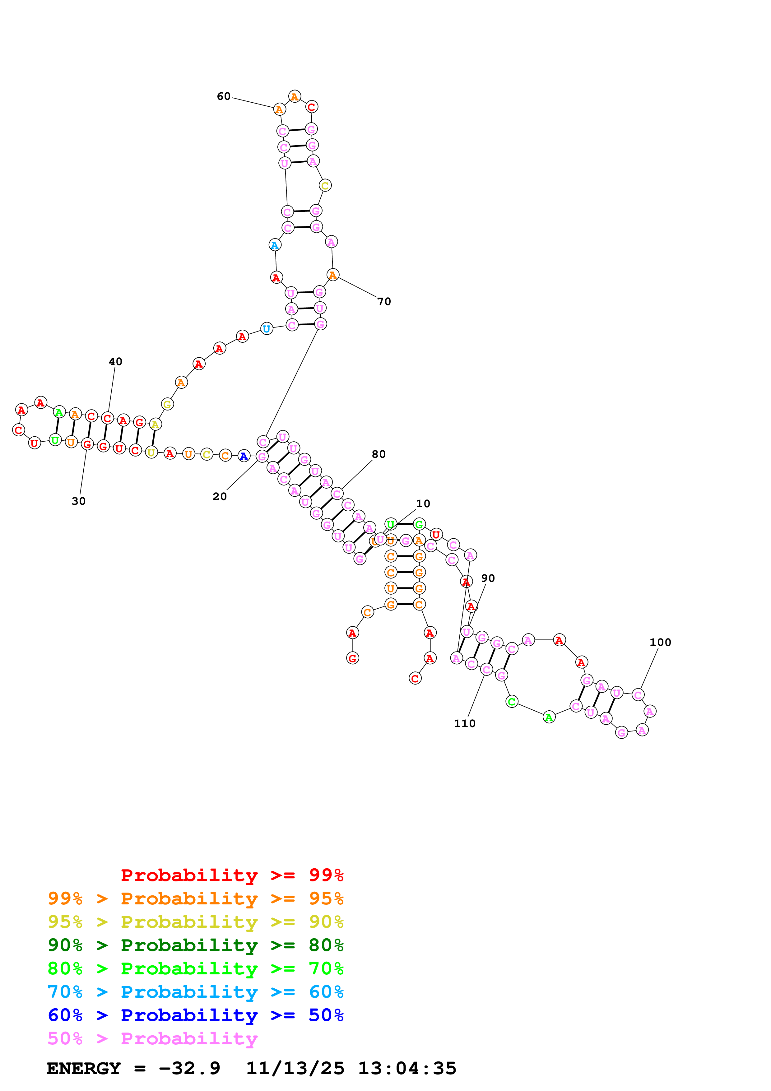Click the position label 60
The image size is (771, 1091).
coord(223,96)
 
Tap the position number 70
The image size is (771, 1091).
coord(384,301)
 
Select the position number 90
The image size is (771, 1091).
coord(488,578)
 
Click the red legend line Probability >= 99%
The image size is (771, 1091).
coord(232,875)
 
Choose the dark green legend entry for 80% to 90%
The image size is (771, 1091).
coord(195,945)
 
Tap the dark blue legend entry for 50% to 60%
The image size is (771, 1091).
coord(195,1015)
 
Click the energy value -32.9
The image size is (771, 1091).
coord(189,1068)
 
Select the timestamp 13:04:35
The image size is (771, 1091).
coord(407,1068)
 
